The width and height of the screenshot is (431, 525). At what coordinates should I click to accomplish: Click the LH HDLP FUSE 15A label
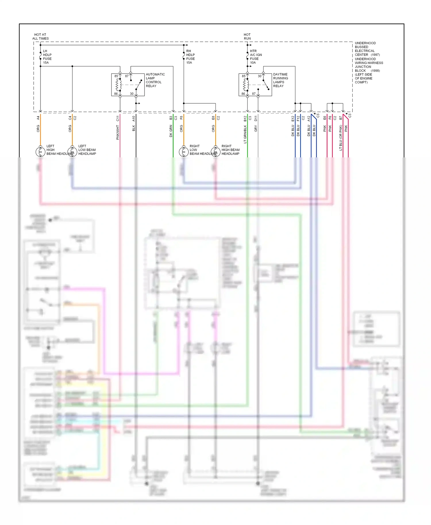coord(47,57)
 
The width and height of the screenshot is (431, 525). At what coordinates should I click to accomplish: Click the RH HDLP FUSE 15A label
coord(190,57)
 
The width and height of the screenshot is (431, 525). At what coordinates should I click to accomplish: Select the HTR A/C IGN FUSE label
coord(255,57)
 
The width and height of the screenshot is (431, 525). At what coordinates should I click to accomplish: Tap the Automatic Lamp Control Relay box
coord(128,85)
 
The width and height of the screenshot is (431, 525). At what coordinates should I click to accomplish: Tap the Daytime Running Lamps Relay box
coord(255,85)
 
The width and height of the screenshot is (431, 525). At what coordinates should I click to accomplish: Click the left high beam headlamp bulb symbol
coord(40,151)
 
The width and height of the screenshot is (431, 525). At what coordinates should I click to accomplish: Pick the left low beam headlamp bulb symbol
coord(72,151)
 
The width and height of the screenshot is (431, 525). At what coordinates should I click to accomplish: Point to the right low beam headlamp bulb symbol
coord(184,151)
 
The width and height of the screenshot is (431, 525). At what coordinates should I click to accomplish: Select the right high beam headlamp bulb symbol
coord(215,151)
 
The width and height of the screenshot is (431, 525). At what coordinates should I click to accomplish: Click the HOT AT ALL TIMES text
coord(40,36)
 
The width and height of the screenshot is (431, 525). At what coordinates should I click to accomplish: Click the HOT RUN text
coord(247,36)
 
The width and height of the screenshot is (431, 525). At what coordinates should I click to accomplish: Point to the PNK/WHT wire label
coord(118,132)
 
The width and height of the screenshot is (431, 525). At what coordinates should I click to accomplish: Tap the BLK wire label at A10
coord(134,128)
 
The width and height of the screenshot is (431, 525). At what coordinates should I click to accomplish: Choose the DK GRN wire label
coord(171,131)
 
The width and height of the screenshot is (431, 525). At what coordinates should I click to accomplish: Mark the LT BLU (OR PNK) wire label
coord(341,137)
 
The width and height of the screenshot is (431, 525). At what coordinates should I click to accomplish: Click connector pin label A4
coord(38,118)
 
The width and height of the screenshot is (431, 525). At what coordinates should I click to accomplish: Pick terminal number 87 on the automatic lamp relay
coord(127,76)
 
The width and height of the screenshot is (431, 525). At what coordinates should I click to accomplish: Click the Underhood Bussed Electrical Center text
coord(365,49)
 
